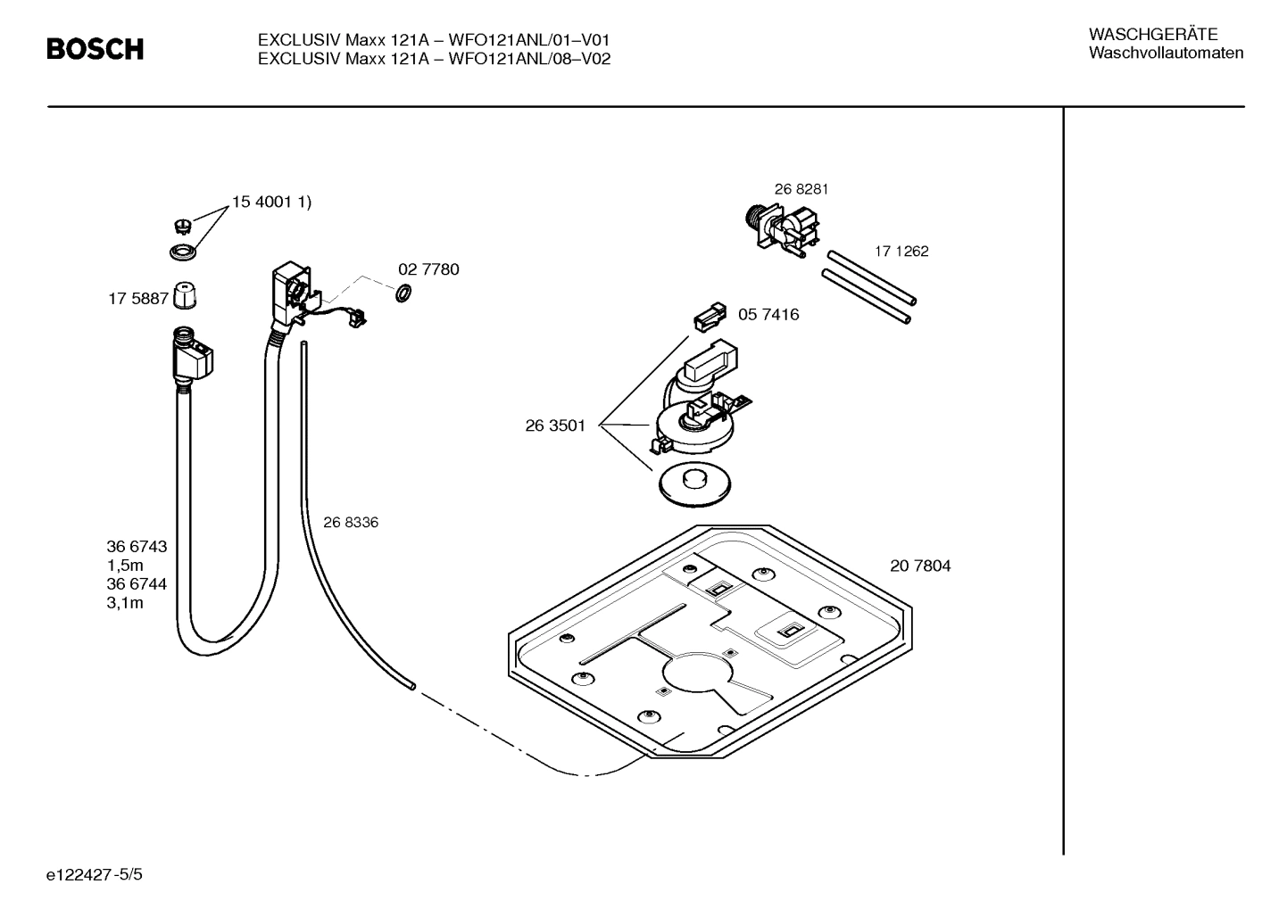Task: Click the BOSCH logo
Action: pos(95,49)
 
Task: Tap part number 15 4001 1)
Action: pos(271,202)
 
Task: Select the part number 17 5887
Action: pos(138,300)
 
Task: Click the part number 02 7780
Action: pos(428,269)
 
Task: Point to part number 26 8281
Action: pos(801,189)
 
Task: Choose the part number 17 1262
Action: pos(901,252)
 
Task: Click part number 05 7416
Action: pos(768,315)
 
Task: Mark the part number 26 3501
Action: pos(555,426)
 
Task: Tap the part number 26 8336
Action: pos(351,523)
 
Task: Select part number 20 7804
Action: pos(919,566)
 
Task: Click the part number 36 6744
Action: pos(137,584)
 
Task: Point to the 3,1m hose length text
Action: pos(125,603)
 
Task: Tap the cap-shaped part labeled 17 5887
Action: pos(184,294)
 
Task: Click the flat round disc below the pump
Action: pos(693,484)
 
